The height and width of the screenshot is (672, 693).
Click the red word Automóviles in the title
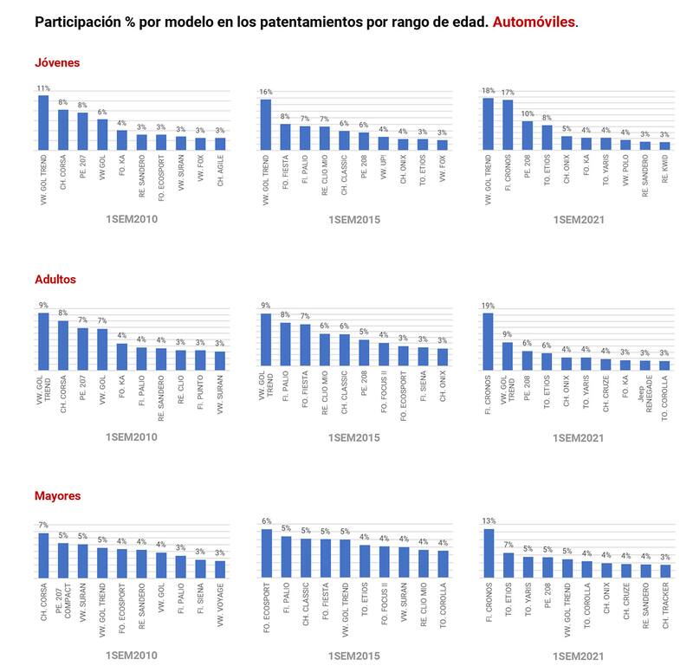534,22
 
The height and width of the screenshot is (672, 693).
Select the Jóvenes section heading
57,62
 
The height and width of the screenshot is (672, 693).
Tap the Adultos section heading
55,280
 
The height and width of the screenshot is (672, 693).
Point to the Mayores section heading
57,496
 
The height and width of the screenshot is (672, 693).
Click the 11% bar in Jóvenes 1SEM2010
43,121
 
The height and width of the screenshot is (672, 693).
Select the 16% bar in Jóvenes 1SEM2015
266,124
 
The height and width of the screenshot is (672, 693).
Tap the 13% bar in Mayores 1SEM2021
488,553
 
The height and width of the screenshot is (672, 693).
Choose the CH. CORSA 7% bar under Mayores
43,555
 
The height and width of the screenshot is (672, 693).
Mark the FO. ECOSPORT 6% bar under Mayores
266,553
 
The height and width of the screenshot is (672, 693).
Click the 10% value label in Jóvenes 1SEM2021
527,113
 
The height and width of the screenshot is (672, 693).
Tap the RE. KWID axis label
664,174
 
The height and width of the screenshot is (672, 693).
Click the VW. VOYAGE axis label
220,607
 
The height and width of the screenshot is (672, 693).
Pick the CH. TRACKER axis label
664,610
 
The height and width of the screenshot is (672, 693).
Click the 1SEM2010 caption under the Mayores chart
130,656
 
